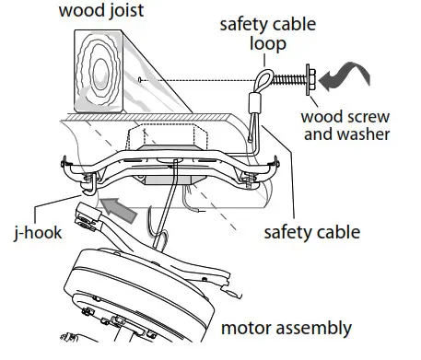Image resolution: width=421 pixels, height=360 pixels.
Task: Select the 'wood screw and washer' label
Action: pyautogui.click(x=351, y=126)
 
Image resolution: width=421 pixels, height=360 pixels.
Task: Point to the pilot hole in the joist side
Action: pyautogui.click(x=138, y=83)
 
